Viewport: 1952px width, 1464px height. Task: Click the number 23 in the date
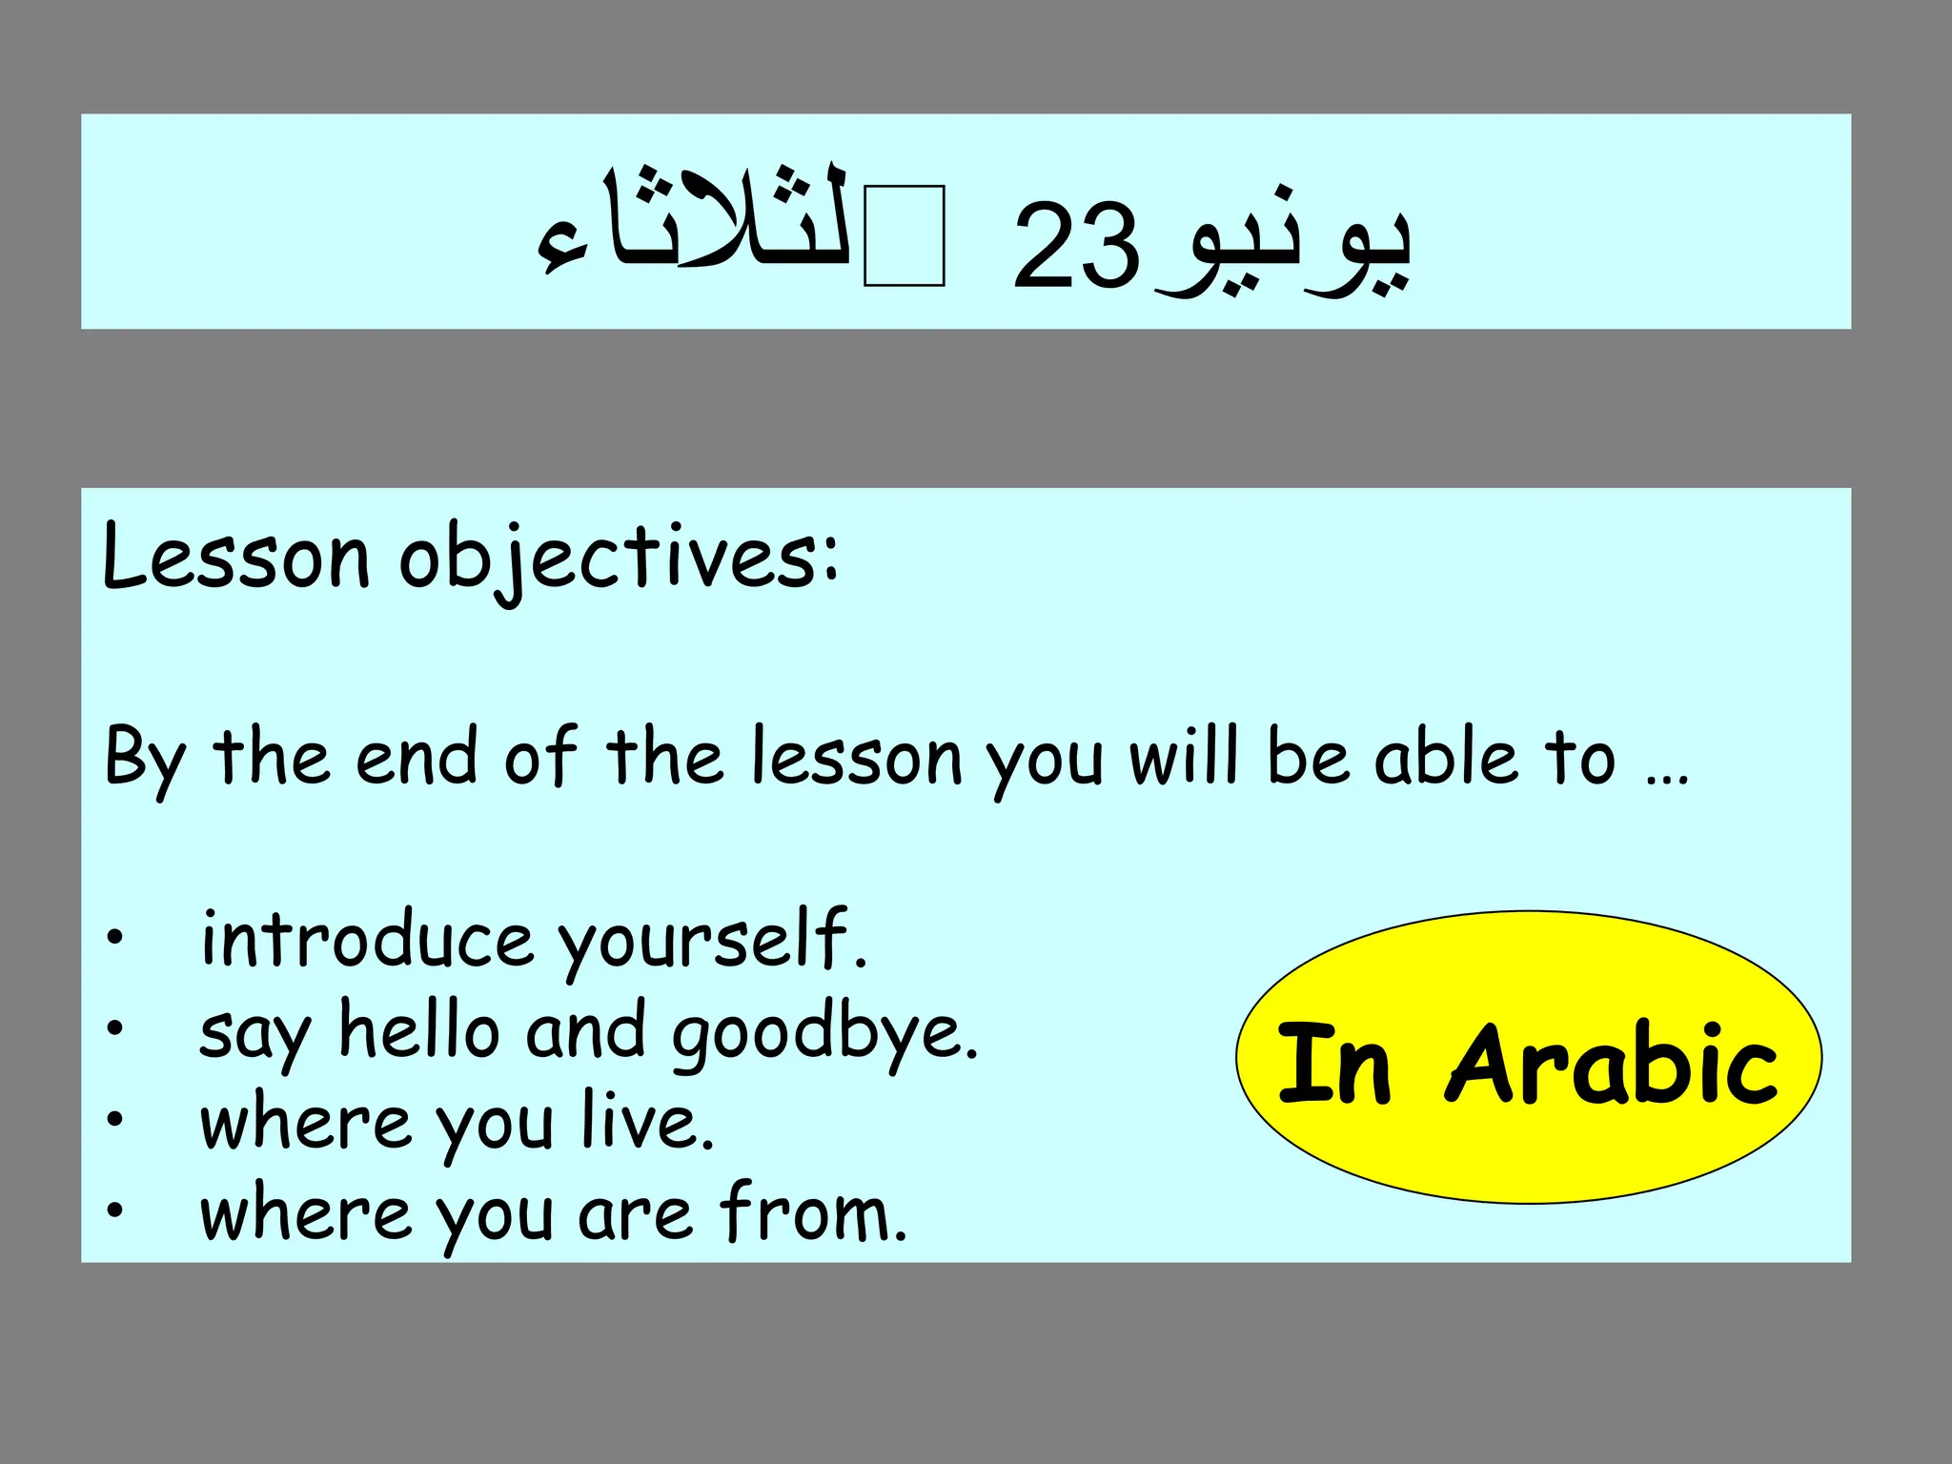click(1075, 246)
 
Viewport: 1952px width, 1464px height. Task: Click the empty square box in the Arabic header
click(904, 236)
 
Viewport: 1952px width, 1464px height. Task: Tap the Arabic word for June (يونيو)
click(1287, 250)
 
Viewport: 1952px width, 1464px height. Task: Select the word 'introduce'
click(367, 939)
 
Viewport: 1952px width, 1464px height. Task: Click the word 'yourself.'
click(712, 943)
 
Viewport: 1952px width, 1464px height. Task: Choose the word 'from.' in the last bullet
click(813, 1212)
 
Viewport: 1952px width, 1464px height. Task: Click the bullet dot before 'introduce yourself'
click(115, 938)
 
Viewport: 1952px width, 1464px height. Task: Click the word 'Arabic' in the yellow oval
click(1611, 1063)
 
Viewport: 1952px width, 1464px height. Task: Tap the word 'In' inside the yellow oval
click(1333, 1063)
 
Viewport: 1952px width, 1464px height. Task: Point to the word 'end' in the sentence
click(416, 758)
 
